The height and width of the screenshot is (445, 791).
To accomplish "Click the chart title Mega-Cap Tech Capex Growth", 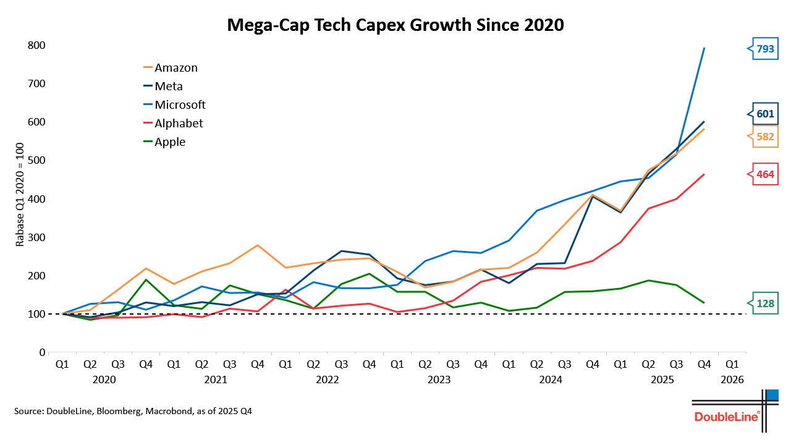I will [395, 25].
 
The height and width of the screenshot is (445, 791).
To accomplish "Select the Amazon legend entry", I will [176, 68].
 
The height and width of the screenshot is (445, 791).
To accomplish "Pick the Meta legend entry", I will [169, 87].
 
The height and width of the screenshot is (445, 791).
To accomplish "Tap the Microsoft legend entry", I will [180, 105].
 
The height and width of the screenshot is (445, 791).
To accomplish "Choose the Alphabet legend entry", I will [179, 124].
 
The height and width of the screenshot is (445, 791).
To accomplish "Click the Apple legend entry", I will [170, 142].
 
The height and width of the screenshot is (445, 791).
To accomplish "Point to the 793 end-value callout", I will [765, 49].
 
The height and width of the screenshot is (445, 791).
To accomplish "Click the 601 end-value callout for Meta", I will [765, 113].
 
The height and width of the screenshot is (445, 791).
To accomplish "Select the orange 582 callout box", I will [765, 137].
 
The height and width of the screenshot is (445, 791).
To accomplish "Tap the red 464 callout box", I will [765, 174].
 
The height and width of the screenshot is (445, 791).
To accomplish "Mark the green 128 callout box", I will [765, 303].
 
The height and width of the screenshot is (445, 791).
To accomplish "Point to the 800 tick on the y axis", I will [36, 45].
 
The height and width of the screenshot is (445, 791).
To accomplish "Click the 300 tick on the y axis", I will [36, 237].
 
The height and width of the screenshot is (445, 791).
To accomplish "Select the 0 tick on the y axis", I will [42, 352].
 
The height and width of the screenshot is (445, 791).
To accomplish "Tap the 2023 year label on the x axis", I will [439, 379].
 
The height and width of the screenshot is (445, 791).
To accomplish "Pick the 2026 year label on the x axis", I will [731, 379].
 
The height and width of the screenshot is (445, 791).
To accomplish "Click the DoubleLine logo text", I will [727, 417].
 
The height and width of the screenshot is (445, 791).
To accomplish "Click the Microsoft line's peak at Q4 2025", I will [704, 48].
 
